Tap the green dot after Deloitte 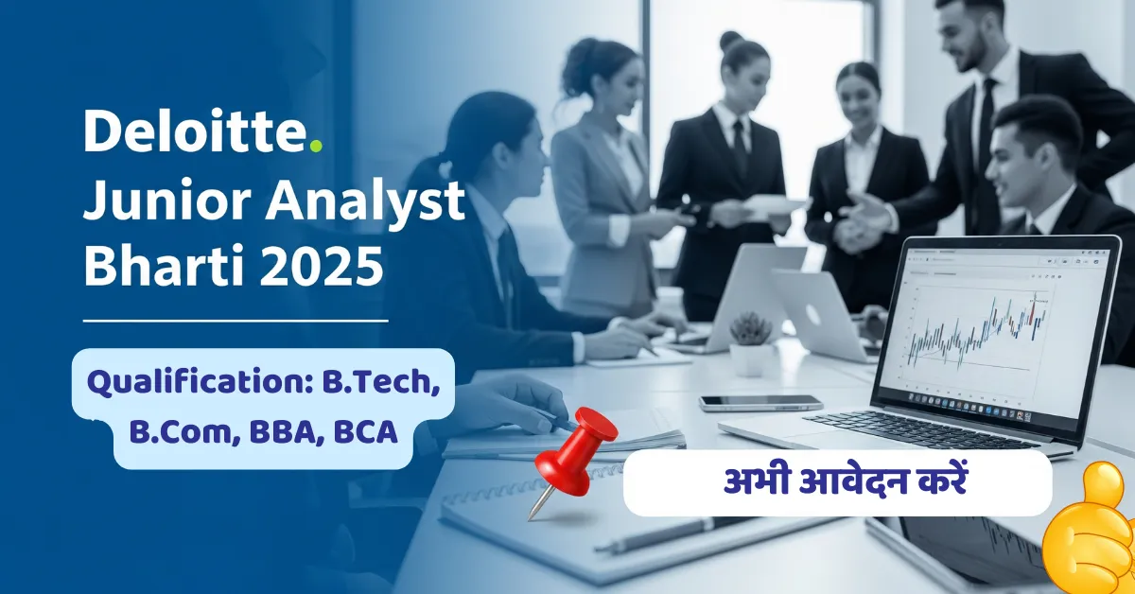pyautogui.click(x=316, y=146)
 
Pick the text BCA pyautogui.click(x=364, y=433)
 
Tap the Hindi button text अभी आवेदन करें pyautogui.click(x=838, y=482)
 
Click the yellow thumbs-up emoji pyautogui.click(x=1092, y=530)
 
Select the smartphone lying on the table pyautogui.click(x=760, y=402)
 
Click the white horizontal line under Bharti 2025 pyautogui.click(x=236, y=321)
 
